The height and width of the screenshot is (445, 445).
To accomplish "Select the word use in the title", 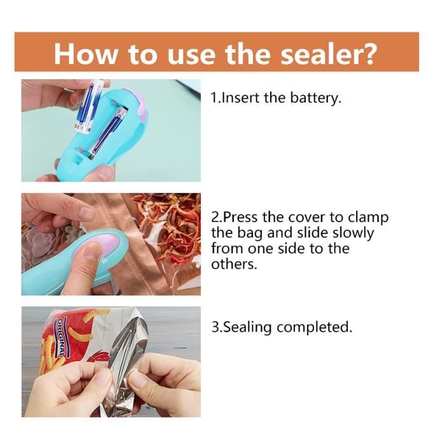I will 185,53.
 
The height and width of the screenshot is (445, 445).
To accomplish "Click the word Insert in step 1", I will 240,99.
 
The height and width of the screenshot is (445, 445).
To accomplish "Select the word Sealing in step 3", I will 249,327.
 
